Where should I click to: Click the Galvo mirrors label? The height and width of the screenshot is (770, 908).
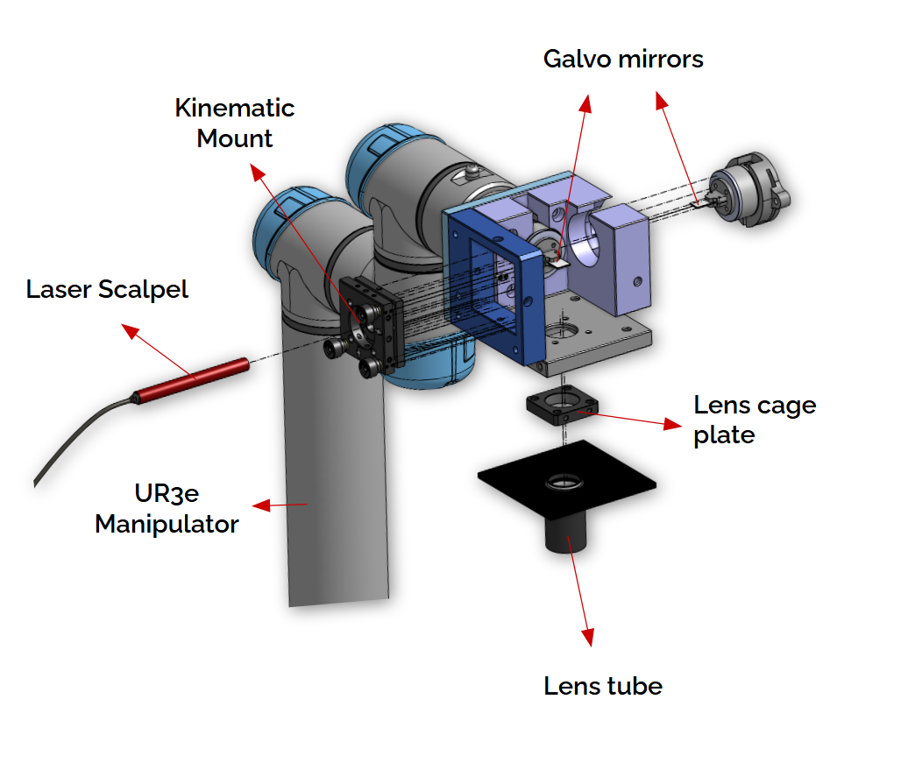point(623,59)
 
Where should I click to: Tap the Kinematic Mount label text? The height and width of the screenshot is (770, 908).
point(235,123)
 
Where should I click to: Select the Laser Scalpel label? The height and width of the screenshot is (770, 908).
point(107,289)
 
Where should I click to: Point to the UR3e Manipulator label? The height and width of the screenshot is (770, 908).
point(167,509)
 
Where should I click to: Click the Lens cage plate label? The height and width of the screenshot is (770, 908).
point(754,420)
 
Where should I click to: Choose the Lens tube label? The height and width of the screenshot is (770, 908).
point(603,685)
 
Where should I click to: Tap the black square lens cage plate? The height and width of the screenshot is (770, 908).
point(562,406)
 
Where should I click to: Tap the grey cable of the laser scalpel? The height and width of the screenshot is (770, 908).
point(79,429)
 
